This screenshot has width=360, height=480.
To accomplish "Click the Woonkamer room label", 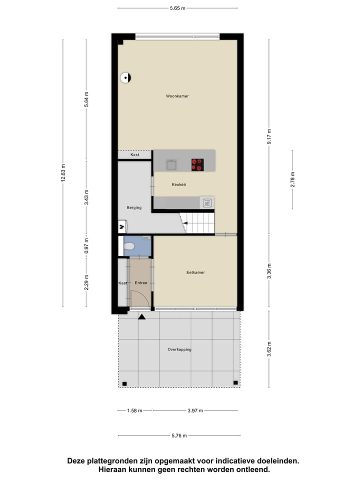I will tap(177, 96).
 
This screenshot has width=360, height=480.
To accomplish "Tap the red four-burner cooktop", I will tap(197, 164).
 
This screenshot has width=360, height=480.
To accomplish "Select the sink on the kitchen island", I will tap(172, 164).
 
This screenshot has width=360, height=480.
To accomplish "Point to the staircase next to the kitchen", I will tap(199, 222).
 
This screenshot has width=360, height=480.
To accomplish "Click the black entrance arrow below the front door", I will tap(142, 316).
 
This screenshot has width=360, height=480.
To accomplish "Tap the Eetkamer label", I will tap(195, 272).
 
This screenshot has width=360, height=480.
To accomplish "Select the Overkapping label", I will tap(179, 349).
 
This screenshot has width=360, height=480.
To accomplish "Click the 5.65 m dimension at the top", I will tap(177, 8).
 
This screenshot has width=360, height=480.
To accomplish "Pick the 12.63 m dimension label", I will tap(63, 173).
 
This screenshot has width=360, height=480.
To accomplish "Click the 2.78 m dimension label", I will tap(293, 178).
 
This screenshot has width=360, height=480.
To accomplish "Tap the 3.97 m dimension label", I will tap(195, 410).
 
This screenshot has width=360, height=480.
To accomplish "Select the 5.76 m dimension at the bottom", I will tap(177, 436).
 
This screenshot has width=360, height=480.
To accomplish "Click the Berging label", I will tap(134, 207).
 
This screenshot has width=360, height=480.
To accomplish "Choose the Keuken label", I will tap(178, 184).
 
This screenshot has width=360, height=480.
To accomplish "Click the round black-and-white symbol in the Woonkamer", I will tap(125, 77).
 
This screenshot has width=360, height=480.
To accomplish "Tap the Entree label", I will tap(141, 283).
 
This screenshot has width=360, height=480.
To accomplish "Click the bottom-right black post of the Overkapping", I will tap(235, 383).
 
